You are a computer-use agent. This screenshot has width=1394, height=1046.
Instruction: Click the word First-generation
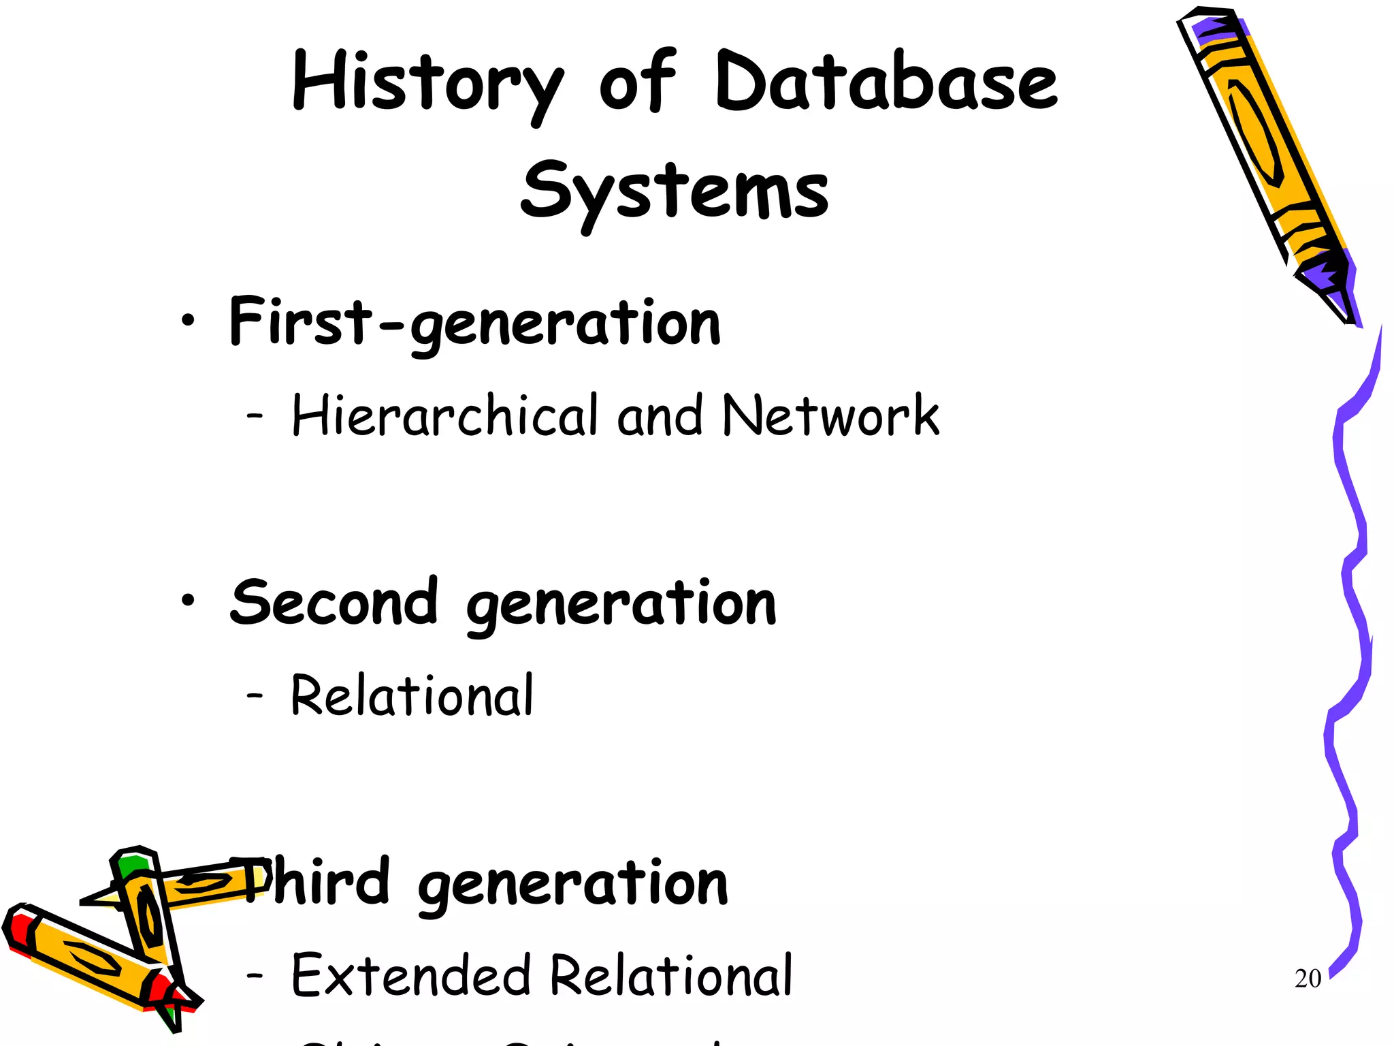click(474, 323)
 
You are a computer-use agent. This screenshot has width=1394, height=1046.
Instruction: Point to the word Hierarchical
click(444, 415)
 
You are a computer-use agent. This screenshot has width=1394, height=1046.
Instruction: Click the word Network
click(830, 415)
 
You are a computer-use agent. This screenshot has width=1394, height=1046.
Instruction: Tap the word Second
click(334, 602)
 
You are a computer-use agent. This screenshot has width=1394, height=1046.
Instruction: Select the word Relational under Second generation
click(412, 696)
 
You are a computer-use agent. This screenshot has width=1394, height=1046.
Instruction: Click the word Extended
click(410, 975)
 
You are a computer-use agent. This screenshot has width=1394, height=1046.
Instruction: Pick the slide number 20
click(1308, 979)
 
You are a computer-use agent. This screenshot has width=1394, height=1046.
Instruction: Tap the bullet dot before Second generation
click(188, 601)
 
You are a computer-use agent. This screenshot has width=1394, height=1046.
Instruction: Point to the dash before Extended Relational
click(255, 975)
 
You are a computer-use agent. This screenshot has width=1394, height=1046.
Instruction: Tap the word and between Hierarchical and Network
click(659, 415)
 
